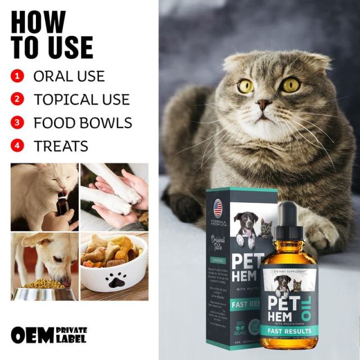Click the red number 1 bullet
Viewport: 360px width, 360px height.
(x=18, y=76)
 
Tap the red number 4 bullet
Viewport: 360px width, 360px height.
(x=18, y=146)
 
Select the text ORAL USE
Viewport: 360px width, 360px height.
(x=69, y=76)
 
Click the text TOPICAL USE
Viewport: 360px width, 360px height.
(x=82, y=100)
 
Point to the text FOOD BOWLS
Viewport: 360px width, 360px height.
(x=83, y=123)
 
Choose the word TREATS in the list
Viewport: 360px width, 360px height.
(x=61, y=146)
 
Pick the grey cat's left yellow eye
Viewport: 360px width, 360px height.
(x=246, y=86)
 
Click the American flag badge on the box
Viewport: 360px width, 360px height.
(x=218, y=209)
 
